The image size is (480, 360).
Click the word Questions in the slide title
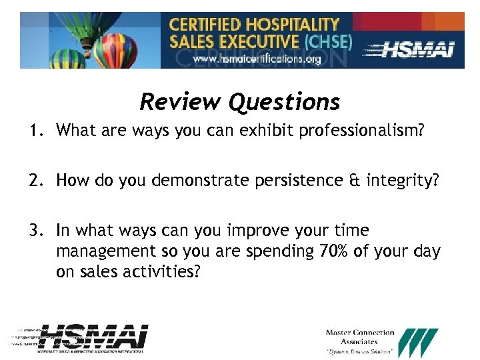[284, 102]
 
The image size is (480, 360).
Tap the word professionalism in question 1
[361, 130]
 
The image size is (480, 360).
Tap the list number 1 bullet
[35, 130]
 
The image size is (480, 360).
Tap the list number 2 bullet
[35, 181]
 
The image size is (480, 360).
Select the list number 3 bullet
[35, 231]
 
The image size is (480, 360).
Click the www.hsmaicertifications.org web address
[257, 59]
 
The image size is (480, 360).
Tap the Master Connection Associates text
[359, 337]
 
